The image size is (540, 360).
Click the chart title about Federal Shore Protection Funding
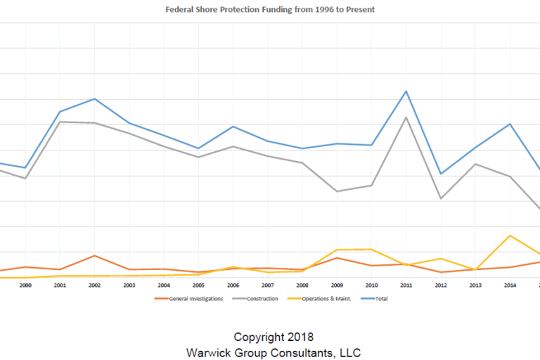tap(270, 11)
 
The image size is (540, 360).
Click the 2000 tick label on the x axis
tap(25, 285)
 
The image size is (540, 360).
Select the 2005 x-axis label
tap(199, 285)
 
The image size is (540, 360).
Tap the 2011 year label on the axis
tap(406, 285)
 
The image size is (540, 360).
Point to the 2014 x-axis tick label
tap(510, 285)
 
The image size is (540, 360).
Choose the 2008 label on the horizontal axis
tap(302, 285)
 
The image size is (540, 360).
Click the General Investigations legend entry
tap(190, 299)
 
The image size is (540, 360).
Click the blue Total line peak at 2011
tap(406, 91)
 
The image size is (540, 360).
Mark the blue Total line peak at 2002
tap(95, 98)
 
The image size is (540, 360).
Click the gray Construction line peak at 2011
tap(406, 117)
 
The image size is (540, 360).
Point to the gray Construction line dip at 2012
tap(441, 198)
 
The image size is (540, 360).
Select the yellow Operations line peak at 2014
tap(510, 236)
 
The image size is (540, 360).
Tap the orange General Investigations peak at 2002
tap(95, 255)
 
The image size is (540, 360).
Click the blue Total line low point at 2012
tap(441, 174)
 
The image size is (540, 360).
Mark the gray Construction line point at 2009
tap(337, 191)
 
